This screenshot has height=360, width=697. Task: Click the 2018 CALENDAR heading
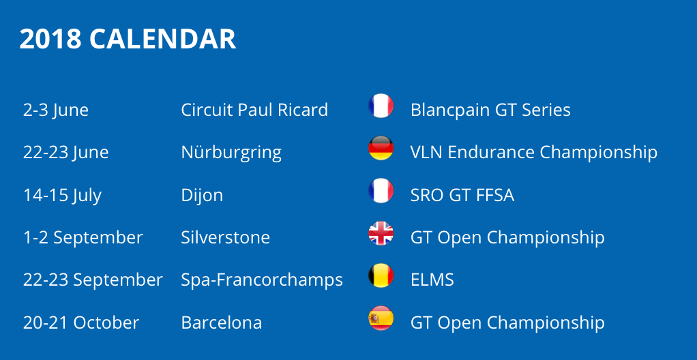click(x=128, y=39)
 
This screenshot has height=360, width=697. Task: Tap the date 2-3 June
click(x=55, y=110)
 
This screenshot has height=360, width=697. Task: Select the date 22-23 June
click(x=65, y=153)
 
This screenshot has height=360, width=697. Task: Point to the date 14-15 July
click(x=62, y=196)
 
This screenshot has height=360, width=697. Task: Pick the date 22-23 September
click(x=93, y=280)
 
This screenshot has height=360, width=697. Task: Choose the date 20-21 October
click(x=81, y=322)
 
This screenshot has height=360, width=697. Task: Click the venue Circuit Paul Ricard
click(x=254, y=110)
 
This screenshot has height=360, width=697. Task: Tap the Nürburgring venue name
click(x=231, y=153)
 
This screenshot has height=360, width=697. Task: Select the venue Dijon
click(x=202, y=196)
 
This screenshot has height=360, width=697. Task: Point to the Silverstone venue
click(x=225, y=237)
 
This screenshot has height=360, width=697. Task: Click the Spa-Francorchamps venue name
click(x=262, y=280)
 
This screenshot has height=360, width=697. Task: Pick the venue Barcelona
click(x=222, y=322)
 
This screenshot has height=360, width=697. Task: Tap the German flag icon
click(x=381, y=148)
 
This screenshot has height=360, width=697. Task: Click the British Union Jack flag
click(x=381, y=233)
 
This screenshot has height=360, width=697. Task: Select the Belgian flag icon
click(x=381, y=275)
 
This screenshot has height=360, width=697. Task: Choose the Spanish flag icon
click(x=381, y=318)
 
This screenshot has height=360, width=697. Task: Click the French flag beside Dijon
click(x=381, y=191)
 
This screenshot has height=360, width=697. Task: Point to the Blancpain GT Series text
click(x=490, y=110)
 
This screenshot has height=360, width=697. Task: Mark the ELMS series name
click(x=432, y=280)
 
